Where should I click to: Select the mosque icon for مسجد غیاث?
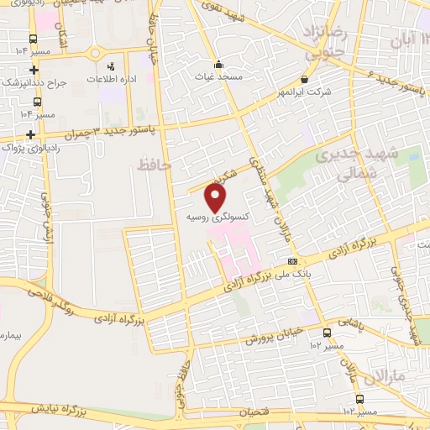(218, 64)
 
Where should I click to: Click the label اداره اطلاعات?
(111, 78)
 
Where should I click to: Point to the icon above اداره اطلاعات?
(110, 66)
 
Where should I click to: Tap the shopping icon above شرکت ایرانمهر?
(303, 80)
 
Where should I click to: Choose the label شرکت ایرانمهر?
(303, 91)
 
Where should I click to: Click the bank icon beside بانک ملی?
(293, 260)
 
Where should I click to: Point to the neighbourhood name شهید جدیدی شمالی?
(346, 166)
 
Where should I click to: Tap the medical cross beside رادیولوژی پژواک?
(31, 134)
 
